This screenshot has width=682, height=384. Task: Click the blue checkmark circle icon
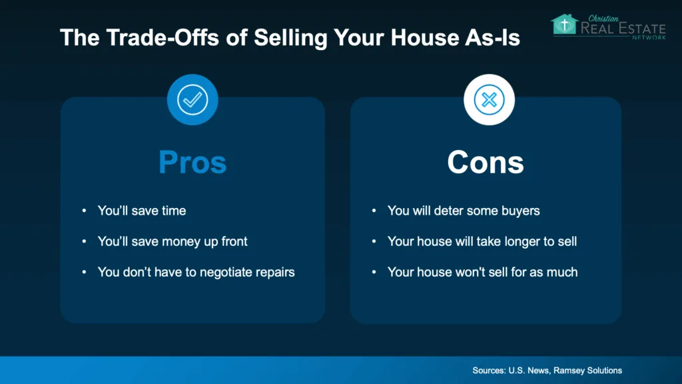pos(192,100)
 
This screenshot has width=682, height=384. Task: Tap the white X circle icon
pos(489,100)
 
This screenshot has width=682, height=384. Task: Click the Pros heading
pos(192,163)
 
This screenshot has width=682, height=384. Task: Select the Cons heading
pos(486,163)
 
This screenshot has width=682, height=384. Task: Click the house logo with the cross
pos(565,25)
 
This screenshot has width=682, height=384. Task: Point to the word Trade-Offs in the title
pos(163,37)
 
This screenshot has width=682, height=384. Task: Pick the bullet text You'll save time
pos(142,211)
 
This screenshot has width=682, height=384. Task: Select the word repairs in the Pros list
pos(275,273)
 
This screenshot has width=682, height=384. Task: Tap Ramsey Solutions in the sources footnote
pos(587,371)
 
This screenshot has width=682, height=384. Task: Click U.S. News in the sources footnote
pos(528,371)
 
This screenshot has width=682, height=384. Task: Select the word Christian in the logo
pos(603,19)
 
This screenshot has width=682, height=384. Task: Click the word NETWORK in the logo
pos(649,37)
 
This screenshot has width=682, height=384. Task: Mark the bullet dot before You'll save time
pos(84,211)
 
